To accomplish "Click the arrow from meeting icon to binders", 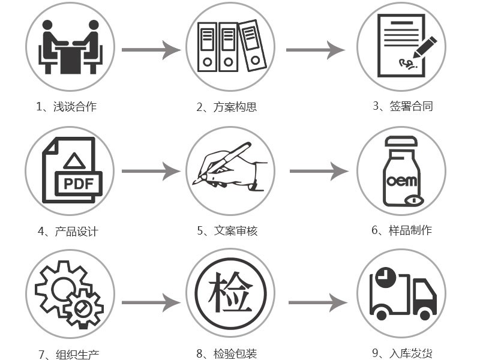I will [x=151, y=50].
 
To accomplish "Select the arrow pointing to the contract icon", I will [x=315, y=50].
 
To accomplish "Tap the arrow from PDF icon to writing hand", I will [x=151, y=172].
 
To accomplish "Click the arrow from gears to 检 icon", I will [x=151, y=302].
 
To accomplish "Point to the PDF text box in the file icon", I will [x=79, y=183].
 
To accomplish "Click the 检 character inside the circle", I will [x=230, y=293].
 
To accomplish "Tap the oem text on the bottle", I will [x=401, y=180].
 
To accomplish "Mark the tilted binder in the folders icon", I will [x=252, y=46].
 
